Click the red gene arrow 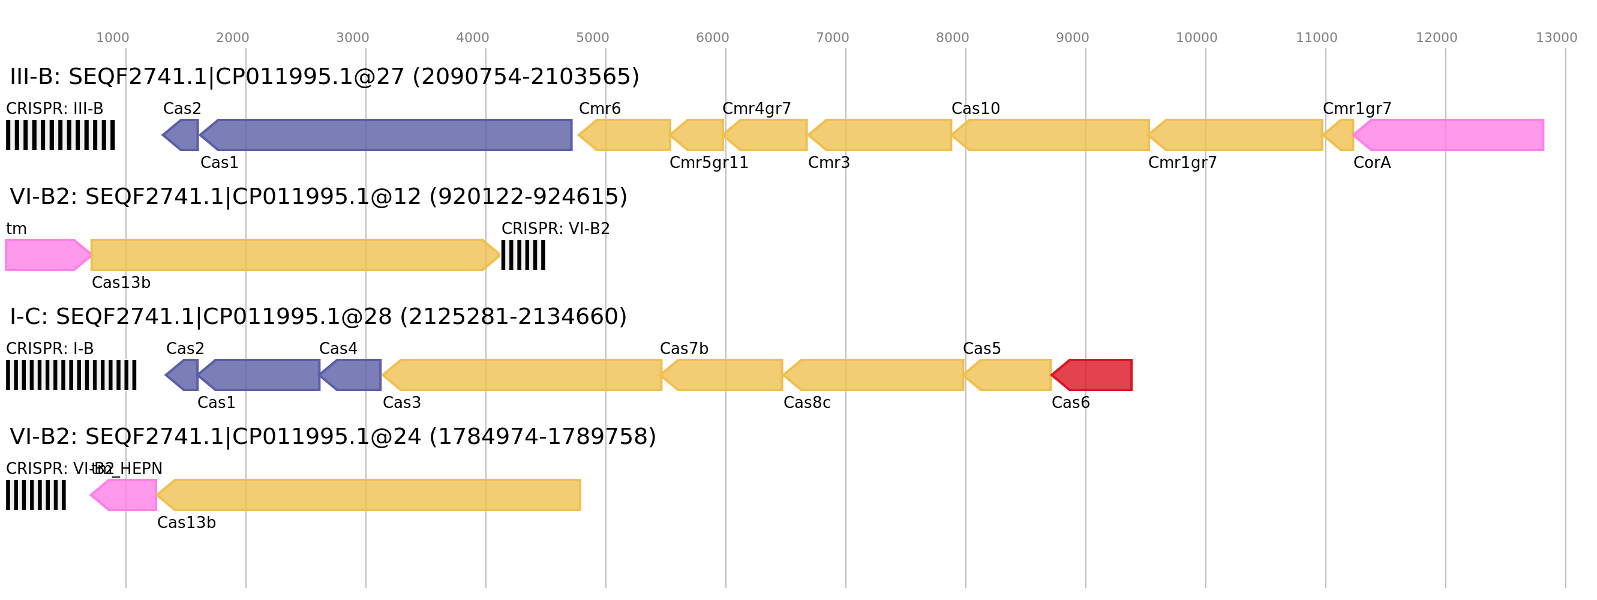coord(1092,375)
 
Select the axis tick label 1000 coord(112,38)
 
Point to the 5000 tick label coord(592,38)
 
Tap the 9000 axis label coord(1072,38)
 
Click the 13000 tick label coord(1556,38)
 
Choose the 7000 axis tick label coord(832,38)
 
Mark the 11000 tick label coord(1316,38)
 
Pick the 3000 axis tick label coord(352,38)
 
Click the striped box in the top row coord(60,135)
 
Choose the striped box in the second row coord(523,255)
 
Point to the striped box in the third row coord(71,375)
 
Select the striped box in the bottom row coord(36,494)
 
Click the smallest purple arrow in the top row coord(182,135)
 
